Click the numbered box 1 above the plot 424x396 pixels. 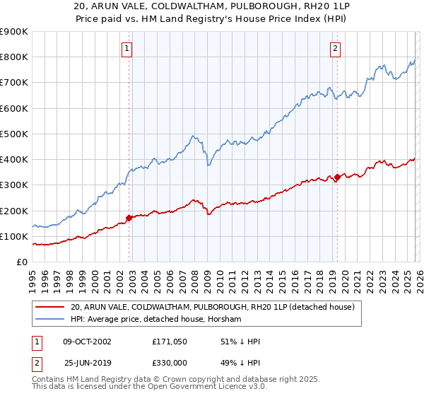point(126,49)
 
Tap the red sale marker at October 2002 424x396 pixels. point(129,218)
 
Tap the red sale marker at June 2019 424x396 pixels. point(338,177)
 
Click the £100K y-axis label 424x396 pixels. point(14,236)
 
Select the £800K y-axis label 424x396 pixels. point(14,57)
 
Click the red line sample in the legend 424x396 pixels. point(50,307)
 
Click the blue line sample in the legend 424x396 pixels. point(50,320)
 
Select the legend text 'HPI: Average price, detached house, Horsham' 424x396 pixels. point(156,320)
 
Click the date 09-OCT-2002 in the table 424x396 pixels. point(88,342)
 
